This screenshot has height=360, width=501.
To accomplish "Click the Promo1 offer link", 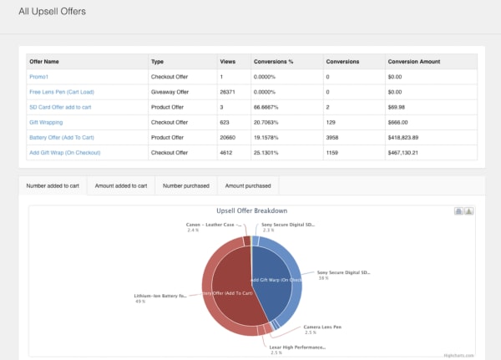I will (40, 76).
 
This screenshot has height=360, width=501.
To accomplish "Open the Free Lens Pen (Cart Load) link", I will (61, 91).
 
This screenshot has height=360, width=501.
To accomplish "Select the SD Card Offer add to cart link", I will (59, 107).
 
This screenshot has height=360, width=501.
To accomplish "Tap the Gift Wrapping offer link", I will (47, 122).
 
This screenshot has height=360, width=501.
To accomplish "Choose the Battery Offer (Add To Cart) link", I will (61, 137).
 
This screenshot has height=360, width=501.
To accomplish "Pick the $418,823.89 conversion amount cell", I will (410, 137).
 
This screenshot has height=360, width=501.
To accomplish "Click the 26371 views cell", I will (228, 91).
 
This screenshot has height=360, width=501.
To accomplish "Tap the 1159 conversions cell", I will (336, 152).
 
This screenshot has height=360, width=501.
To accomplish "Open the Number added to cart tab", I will (53, 185).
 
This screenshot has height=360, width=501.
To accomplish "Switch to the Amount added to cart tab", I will (121, 185).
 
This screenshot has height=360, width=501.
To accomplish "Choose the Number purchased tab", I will (186, 185).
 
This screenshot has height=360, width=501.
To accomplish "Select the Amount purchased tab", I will (248, 185).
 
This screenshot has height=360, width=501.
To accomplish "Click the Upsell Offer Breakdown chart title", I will (251, 211).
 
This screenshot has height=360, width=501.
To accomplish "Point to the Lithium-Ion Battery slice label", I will (160, 296).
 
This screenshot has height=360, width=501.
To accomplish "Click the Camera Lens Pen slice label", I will (321, 327).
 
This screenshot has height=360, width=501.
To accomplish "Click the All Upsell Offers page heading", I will (52, 12).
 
